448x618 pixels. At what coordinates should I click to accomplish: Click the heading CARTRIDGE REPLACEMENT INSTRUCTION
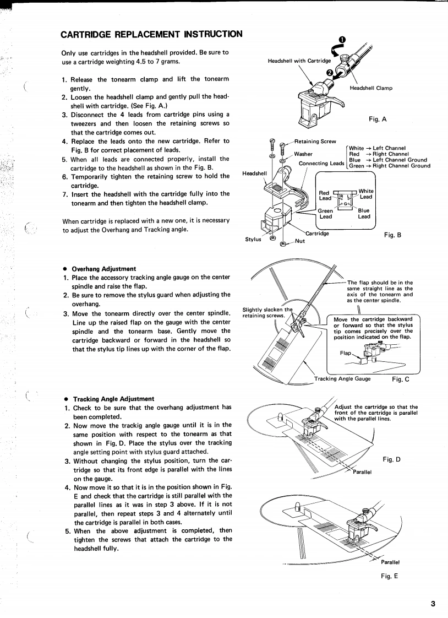point(151,34)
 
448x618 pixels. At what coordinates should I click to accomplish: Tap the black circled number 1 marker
point(342,40)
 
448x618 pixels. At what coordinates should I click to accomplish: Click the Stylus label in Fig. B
point(254,239)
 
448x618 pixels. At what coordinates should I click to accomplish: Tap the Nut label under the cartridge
point(300,241)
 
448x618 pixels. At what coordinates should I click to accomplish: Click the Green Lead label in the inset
point(326,213)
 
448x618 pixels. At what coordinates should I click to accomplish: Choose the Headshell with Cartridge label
point(299,61)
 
